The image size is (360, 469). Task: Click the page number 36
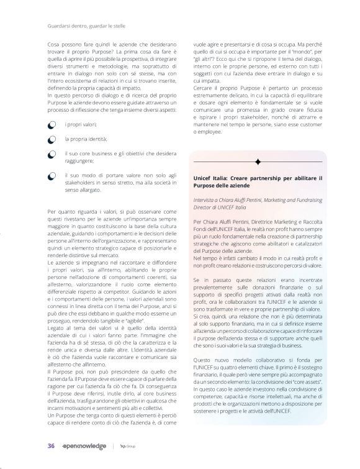(x=51, y=446)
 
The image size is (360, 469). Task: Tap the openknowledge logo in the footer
(x=84, y=446)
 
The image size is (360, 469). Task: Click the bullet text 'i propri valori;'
(x=81, y=125)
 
